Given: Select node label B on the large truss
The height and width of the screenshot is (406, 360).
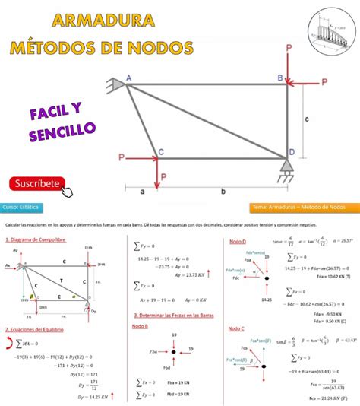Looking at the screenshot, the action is pos(279,78).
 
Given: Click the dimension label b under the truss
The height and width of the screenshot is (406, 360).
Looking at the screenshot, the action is pos(223,193).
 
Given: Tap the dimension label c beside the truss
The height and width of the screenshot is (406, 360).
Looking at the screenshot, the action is pos(305,119).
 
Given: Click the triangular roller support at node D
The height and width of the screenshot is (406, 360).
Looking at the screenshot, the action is pos(287,170).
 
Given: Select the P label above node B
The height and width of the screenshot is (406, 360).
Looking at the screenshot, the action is pos(289,48).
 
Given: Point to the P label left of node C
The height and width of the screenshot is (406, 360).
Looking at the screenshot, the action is pos(122,157).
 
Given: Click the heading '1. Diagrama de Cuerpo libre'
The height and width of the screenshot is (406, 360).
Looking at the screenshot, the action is pos(36,239).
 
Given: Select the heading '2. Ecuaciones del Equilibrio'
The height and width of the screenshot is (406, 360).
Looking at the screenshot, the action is pos(33,329).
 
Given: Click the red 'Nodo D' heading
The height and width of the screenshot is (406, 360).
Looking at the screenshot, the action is pos(236,241).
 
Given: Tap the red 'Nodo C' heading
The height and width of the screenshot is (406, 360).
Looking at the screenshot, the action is pos(236,328).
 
